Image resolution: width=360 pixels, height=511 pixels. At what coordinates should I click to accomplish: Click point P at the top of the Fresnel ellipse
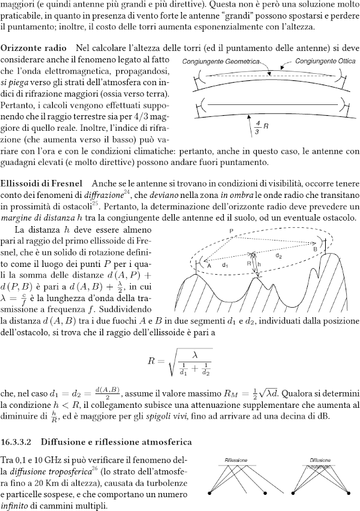[231, 232]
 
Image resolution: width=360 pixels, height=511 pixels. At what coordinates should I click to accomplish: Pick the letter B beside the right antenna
[315, 247]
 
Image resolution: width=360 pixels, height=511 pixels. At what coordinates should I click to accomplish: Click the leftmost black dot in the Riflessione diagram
[209, 493]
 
